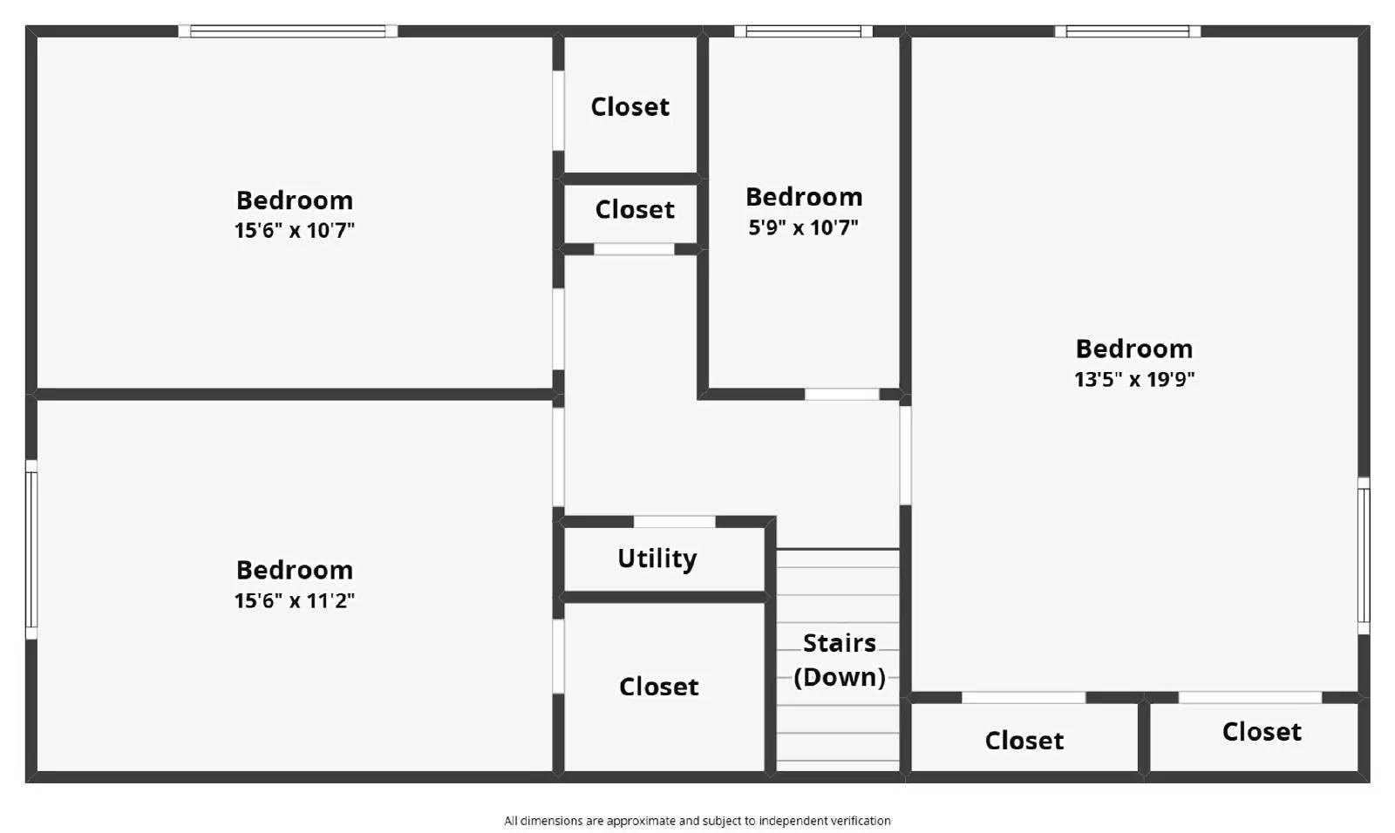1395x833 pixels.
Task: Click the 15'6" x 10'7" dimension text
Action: (294, 231)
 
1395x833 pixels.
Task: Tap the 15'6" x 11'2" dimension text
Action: (294, 600)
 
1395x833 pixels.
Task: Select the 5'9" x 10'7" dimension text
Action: (803, 227)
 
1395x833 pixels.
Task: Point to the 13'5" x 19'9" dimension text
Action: (1133, 379)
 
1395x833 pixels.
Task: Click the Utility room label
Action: (657, 559)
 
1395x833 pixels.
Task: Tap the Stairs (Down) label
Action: (839, 660)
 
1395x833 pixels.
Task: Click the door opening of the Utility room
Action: (674, 522)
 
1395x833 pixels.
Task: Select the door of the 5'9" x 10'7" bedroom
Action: (841, 395)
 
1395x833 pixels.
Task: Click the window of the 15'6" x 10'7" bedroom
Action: (288, 31)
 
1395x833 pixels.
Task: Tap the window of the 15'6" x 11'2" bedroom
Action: (31, 549)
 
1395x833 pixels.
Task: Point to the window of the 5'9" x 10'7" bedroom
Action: (803, 31)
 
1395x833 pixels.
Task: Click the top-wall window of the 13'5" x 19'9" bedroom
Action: (1127, 31)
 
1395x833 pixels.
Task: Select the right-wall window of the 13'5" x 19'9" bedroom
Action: (1364, 555)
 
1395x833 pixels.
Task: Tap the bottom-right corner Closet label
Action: (1261, 732)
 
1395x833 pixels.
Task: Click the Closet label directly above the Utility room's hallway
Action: (634, 210)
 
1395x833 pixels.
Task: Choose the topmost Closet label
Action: (629, 107)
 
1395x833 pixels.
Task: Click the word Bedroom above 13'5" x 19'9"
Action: (1133, 349)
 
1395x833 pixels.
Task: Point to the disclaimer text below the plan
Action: (697, 821)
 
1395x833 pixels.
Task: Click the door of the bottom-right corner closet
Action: (1249, 697)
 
